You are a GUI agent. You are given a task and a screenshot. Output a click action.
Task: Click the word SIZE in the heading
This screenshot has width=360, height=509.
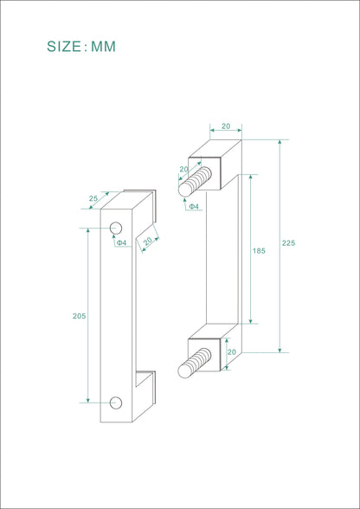64,47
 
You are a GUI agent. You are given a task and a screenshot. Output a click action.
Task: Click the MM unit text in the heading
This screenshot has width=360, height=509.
103,47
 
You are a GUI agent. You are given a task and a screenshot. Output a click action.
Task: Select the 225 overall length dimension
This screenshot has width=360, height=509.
288,243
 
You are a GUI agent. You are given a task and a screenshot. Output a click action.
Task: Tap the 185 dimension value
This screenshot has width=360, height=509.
259,251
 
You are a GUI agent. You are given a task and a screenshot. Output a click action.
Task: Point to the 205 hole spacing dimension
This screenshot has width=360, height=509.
80,316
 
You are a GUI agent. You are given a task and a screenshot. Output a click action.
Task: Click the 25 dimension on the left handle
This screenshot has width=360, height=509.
93,198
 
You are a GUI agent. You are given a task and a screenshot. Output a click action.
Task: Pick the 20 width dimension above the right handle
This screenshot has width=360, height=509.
226,126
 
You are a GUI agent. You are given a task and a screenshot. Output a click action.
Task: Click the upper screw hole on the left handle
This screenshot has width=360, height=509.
116,229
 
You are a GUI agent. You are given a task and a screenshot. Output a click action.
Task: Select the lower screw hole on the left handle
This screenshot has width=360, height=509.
116,403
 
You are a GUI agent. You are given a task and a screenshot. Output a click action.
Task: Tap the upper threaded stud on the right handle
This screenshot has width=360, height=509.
195,182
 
